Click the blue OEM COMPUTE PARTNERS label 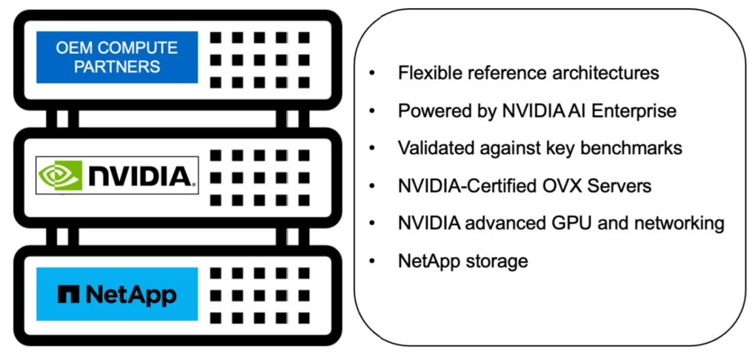[117, 57]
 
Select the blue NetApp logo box [117, 293]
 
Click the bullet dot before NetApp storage [372, 262]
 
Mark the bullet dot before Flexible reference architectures [372, 73]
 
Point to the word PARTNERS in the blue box [117, 67]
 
